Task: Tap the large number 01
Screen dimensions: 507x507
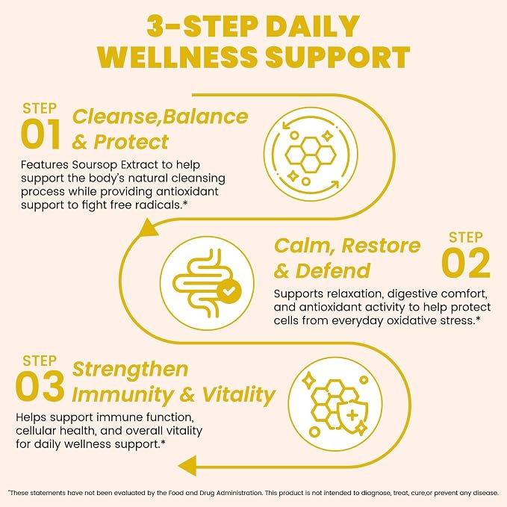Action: point(40,134)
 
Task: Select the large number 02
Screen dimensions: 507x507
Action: point(466,263)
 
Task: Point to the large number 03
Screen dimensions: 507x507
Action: point(40,386)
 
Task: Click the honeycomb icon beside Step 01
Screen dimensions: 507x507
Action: point(311,155)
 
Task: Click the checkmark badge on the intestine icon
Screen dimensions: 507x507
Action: point(229,292)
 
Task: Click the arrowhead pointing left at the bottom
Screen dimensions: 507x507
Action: point(187,466)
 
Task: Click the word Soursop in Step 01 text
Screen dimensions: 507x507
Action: point(95,165)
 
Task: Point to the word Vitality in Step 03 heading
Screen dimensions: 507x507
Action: point(239,395)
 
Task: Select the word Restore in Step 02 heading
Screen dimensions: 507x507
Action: point(382,246)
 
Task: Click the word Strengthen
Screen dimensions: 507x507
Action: point(131,370)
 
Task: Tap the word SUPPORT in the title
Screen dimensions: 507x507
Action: point(338,57)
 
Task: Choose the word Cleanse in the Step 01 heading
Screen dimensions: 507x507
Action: point(115,116)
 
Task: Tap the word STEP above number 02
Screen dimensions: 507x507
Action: point(466,237)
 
